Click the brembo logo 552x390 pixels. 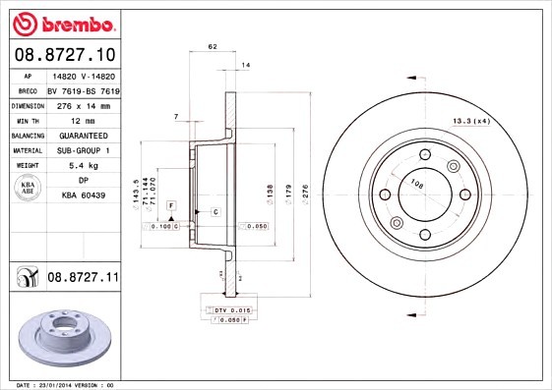pyautogui.click(x=61, y=22)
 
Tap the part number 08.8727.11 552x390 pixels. pyautogui.click(x=82, y=279)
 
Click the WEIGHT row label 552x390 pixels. pyautogui.click(x=27, y=166)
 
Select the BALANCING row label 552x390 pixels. pyautogui.click(x=27, y=135)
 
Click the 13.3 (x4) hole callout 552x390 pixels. pyautogui.click(x=470, y=121)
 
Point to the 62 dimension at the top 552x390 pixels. pyautogui.click(x=212, y=47)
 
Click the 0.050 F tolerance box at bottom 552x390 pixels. pyautogui.click(x=226, y=320)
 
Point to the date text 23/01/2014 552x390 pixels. pyautogui.click(x=65, y=385)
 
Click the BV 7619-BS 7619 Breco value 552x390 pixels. pyautogui.click(x=84, y=89)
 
